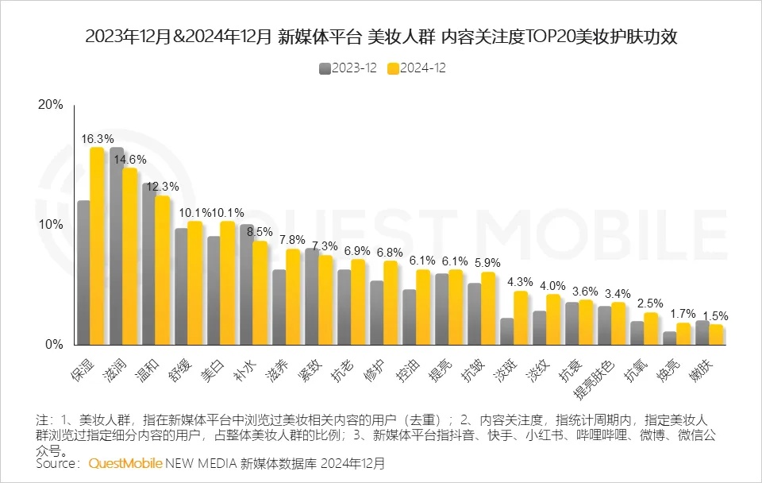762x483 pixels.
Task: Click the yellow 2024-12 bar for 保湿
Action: tap(97, 246)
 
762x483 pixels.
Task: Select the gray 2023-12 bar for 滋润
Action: tap(117, 246)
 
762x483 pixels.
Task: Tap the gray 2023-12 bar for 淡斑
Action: tap(506, 331)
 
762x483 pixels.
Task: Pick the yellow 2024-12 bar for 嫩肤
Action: tap(716, 334)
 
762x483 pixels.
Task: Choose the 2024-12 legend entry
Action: tap(417, 68)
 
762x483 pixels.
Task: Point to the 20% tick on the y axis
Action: tap(50, 105)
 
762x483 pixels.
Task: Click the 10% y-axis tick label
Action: tap(50, 225)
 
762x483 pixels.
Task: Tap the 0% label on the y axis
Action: tap(53, 345)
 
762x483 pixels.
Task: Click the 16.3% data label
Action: tap(97, 138)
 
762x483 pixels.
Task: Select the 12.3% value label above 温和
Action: tap(162, 186)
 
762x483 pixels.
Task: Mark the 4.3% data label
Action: tap(521, 281)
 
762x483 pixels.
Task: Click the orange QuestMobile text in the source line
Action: tap(125, 462)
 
